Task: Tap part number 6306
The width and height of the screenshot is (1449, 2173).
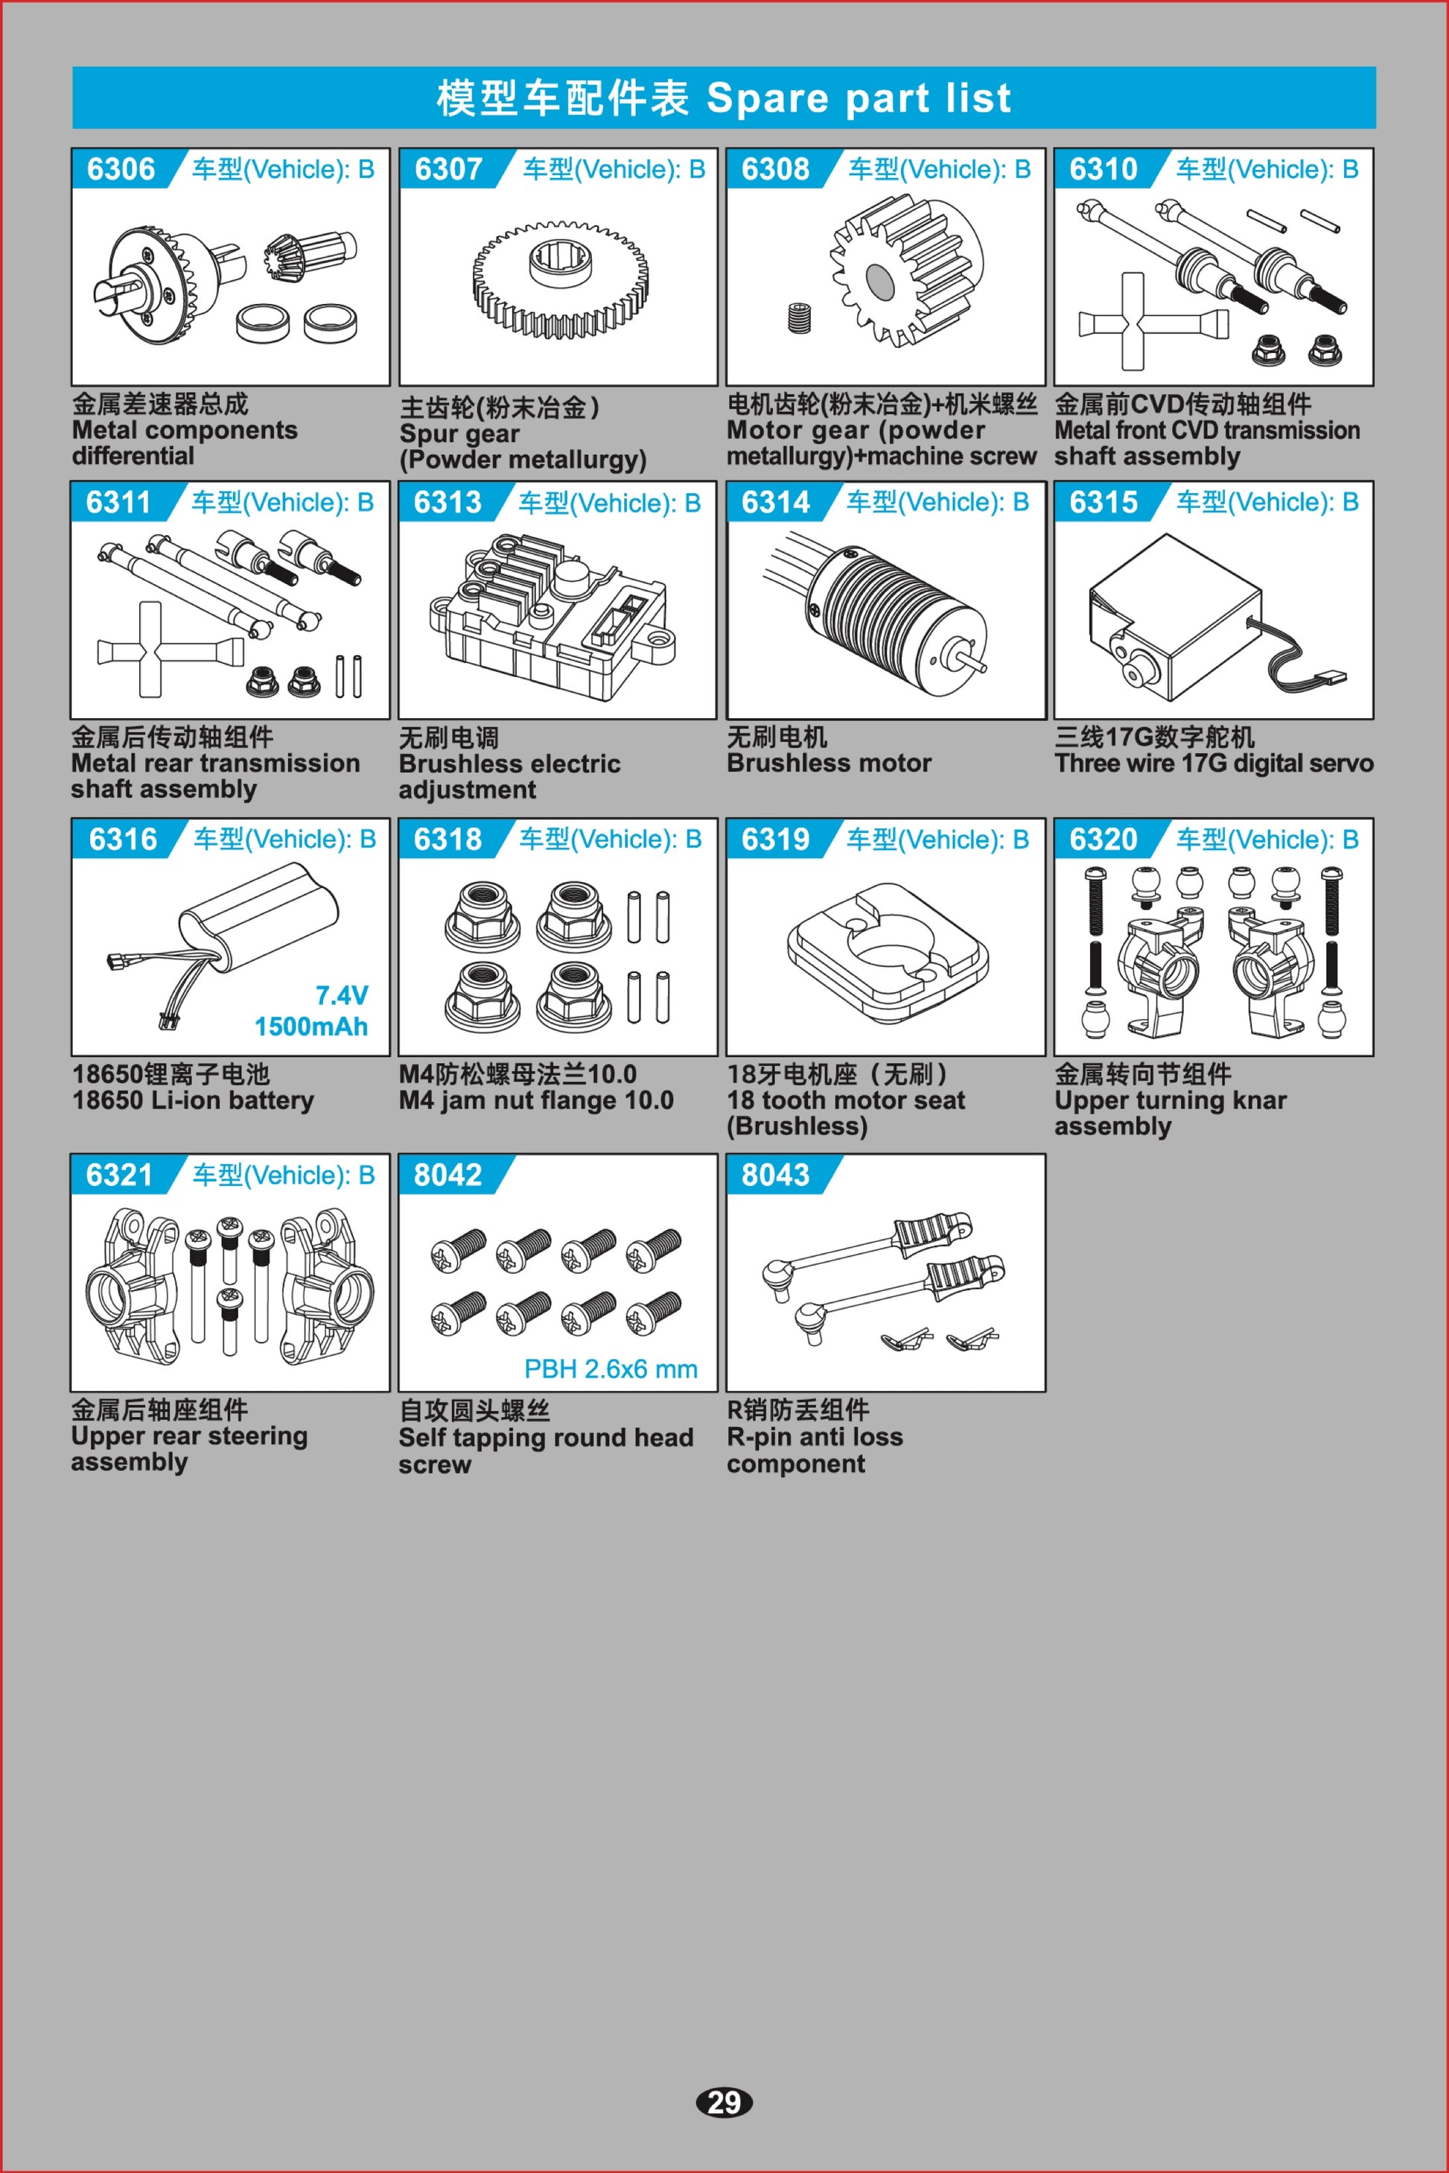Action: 121,169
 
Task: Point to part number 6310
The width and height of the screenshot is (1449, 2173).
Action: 1104,169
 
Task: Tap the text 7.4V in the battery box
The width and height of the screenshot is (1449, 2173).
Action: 342,994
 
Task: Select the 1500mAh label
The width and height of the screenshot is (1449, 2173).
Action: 311,1026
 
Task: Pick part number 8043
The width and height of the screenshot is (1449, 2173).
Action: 775,1175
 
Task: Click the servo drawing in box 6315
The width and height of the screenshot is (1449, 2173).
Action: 1216,615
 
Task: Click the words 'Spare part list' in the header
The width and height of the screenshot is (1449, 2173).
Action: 859,98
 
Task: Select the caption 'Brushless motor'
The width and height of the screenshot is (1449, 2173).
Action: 829,764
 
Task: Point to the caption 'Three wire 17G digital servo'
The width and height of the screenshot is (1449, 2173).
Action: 1214,764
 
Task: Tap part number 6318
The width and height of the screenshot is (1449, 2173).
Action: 448,840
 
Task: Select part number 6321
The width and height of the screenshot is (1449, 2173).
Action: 119,1175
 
